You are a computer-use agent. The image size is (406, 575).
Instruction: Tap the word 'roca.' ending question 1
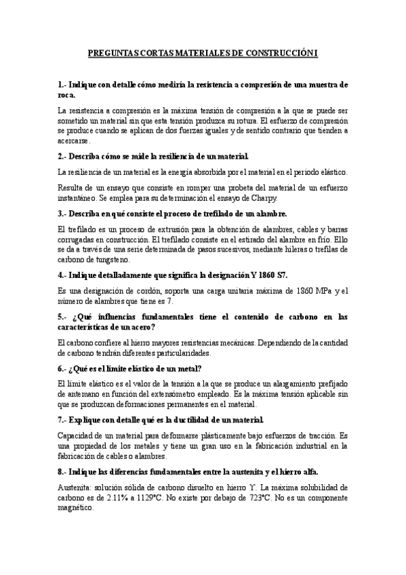[68, 96]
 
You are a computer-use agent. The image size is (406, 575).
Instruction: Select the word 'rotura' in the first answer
[240, 121]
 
